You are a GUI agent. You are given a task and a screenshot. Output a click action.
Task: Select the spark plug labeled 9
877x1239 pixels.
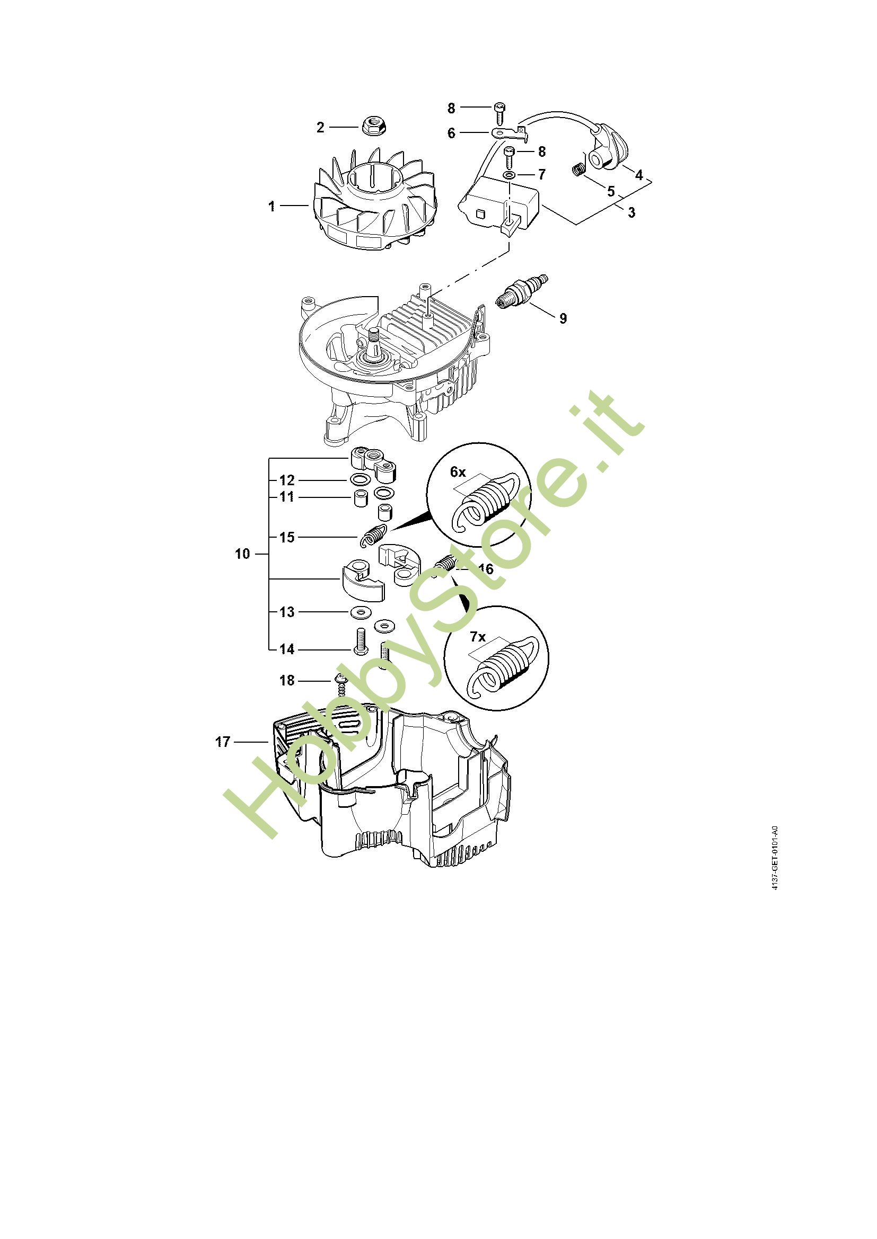pyautogui.click(x=523, y=291)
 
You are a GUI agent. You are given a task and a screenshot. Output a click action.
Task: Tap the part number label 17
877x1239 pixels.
pyautogui.click(x=223, y=742)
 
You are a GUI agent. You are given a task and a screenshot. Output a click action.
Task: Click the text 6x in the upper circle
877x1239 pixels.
pyautogui.click(x=458, y=471)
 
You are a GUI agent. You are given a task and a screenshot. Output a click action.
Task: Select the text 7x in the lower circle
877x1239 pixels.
pyautogui.click(x=477, y=637)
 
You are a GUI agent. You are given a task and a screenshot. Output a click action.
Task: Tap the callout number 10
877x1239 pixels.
pyautogui.click(x=242, y=554)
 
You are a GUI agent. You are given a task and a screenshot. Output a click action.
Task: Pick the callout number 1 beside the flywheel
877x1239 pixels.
pyautogui.click(x=271, y=206)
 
